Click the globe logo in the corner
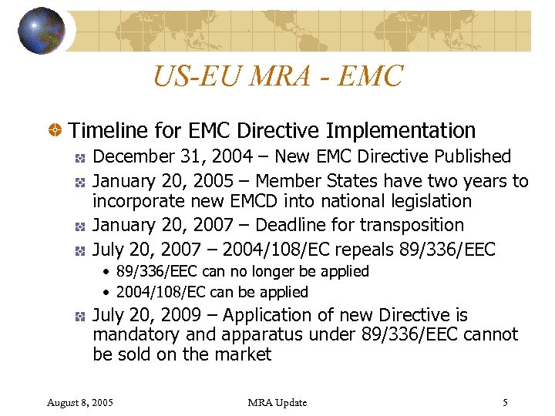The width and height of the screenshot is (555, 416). pos(42,30)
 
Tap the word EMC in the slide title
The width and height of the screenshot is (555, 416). pos(372,76)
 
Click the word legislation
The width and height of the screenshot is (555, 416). pos(428,201)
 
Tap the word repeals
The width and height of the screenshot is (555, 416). pos(360,249)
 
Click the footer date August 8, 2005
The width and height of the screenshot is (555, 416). pos(80,402)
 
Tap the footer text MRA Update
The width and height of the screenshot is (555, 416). pos(277,402)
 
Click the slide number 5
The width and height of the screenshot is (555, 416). pos(505,402)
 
